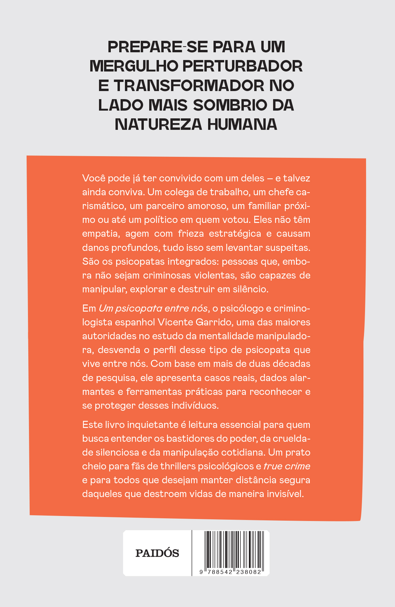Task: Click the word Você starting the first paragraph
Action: pos(93,178)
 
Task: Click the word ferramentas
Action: pos(154,392)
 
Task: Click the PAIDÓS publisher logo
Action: pos(157,553)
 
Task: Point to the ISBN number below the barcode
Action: pos(230,572)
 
